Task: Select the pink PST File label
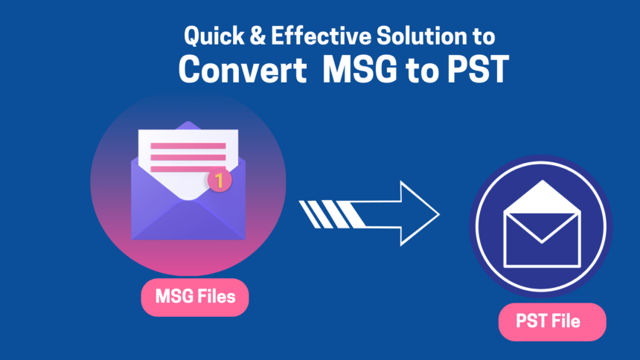click(551, 322)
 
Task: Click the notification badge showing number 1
click(219, 179)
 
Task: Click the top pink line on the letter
click(188, 146)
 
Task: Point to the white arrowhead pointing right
click(417, 213)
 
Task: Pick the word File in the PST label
click(567, 322)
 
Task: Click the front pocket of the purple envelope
click(188, 219)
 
